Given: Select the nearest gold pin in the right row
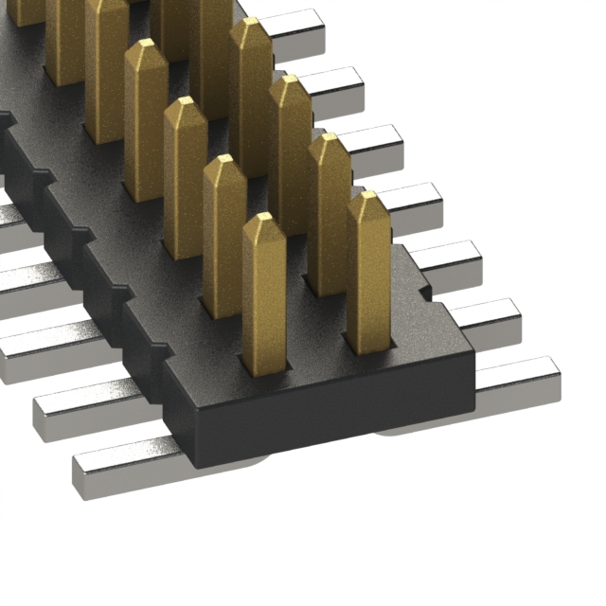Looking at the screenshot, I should [x=368, y=275].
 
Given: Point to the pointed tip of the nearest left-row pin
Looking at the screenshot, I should [x=264, y=220].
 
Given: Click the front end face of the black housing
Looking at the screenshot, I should [x=331, y=417].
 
